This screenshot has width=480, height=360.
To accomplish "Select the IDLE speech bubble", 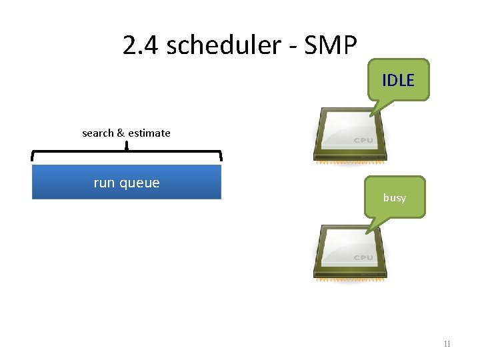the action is (x=398, y=81).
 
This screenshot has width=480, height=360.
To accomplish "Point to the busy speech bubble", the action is (x=394, y=197).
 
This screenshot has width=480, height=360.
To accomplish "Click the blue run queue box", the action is (x=127, y=182).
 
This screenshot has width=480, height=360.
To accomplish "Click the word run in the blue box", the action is (x=105, y=183).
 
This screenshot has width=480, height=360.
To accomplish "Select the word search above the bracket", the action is (x=98, y=133).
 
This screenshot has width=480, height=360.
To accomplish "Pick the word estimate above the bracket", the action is (x=149, y=133).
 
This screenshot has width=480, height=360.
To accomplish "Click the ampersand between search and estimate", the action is (x=121, y=133).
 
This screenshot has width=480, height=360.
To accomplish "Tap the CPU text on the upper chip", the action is (x=363, y=141).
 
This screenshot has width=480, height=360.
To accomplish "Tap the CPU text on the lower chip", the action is (x=363, y=257).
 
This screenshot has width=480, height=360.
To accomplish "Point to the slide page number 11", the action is (x=447, y=344).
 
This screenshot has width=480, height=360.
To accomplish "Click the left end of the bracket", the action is (x=33, y=157).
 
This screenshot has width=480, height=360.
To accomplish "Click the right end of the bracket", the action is (x=221, y=157).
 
